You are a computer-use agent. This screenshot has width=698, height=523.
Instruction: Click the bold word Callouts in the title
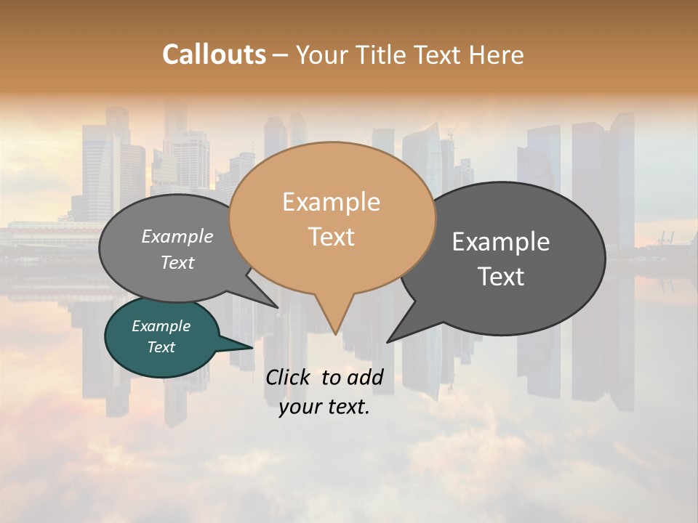[x=214, y=54]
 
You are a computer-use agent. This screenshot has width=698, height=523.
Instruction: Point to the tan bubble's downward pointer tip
[x=335, y=333]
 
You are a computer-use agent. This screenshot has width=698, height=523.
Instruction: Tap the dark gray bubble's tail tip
[x=388, y=341]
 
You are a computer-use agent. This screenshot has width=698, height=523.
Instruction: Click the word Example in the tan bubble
[x=331, y=202]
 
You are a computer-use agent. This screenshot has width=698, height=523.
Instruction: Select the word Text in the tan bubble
[x=331, y=237]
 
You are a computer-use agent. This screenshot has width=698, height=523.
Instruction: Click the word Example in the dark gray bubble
[x=501, y=242]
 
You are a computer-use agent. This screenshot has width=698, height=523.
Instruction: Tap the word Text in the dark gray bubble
[x=501, y=277]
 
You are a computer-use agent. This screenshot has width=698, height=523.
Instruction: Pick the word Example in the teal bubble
[x=161, y=327]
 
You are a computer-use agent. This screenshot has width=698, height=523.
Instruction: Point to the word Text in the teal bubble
[x=161, y=347]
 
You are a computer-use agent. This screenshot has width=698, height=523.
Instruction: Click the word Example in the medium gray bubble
[x=177, y=237]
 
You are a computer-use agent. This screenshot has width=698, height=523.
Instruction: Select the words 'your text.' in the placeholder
[x=324, y=407]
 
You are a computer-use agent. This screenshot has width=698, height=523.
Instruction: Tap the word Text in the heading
[x=438, y=54]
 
